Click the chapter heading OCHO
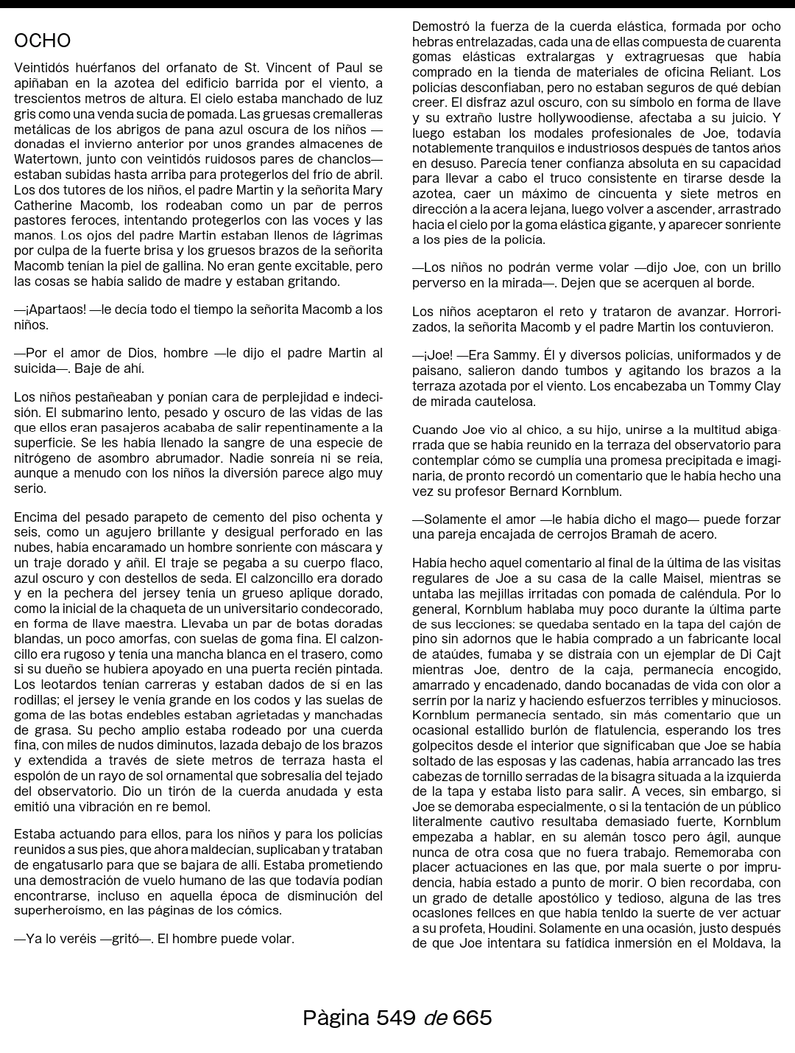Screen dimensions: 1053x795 click(x=43, y=41)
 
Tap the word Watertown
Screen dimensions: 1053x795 click(x=46, y=159)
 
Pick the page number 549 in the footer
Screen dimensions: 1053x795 click(x=395, y=1018)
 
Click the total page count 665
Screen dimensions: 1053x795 click(x=472, y=1018)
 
